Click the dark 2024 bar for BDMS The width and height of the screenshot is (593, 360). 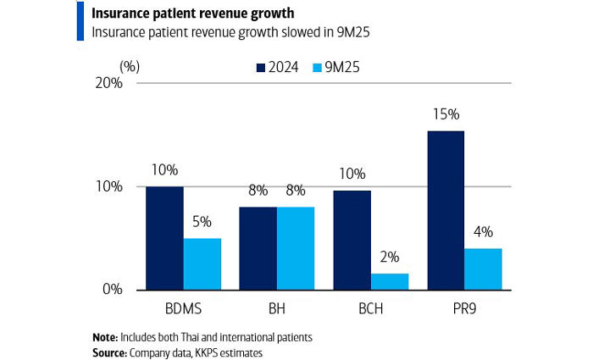(x=164, y=237)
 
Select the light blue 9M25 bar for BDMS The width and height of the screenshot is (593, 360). (x=202, y=263)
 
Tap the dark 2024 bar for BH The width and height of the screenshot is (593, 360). (x=258, y=247)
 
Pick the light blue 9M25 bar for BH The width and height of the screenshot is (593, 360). (x=296, y=247)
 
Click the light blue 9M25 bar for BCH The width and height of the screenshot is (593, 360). (x=389, y=281)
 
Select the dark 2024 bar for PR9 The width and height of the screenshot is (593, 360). (x=445, y=210)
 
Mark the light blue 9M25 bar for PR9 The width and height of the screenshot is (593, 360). (x=483, y=269)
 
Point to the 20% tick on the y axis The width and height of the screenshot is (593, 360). (x=110, y=83)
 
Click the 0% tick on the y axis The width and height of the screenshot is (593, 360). (x=114, y=290)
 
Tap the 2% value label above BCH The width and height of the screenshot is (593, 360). (x=389, y=257)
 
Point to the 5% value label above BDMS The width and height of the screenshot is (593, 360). (x=202, y=222)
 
